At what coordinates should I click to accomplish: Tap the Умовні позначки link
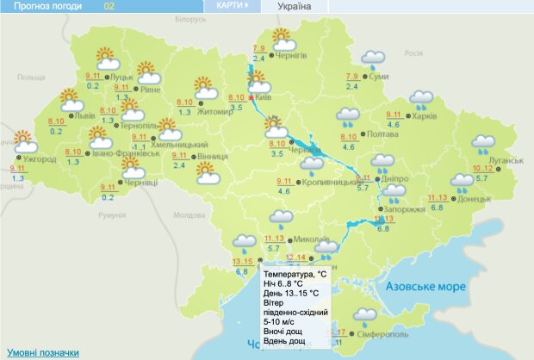pyautogui.click(x=43, y=352)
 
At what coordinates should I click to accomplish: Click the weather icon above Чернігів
pyautogui.click(x=283, y=39)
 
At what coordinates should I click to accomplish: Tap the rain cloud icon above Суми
pyautogui.click(x=373, y=59)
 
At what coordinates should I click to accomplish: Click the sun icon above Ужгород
pyautogui.click(x=22, y=140)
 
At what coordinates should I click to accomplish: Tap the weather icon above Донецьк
pyautogui.click(x=463, y=182)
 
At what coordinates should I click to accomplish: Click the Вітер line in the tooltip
pyautogui.click(x=281, y=303)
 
